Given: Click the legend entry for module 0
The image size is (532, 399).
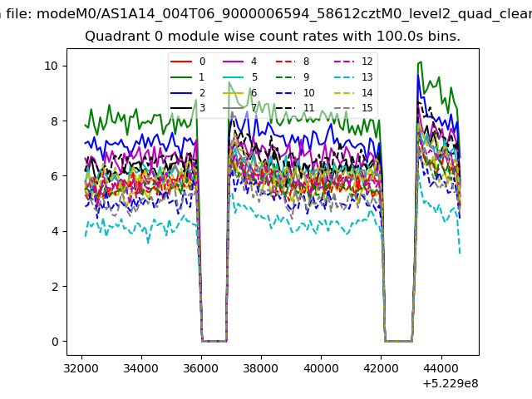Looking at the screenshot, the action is [x=188, y=62].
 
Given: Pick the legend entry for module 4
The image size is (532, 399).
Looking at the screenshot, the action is [x=240, y=62].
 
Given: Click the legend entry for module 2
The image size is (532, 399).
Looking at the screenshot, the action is [x=188, y=92].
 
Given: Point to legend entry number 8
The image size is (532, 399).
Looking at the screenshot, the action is [x=292, y=62].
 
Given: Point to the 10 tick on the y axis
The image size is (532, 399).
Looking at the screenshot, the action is [x=52, y=66].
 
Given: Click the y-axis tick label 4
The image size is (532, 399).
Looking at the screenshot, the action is [x=55, y=231].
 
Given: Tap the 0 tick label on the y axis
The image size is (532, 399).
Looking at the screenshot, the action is [x=55, y=342].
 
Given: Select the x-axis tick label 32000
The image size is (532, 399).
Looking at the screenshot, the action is [x=81, y=368].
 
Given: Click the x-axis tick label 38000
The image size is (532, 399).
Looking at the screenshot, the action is [x=261, y=368].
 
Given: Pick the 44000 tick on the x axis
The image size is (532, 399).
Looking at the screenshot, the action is [x=441, y=368].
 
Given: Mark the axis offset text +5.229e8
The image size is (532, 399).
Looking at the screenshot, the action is [x=451, y=384].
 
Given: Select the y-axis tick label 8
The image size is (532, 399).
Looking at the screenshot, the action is [x=55, y=121].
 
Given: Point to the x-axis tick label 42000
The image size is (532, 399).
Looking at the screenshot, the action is [x=381, y=368].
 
